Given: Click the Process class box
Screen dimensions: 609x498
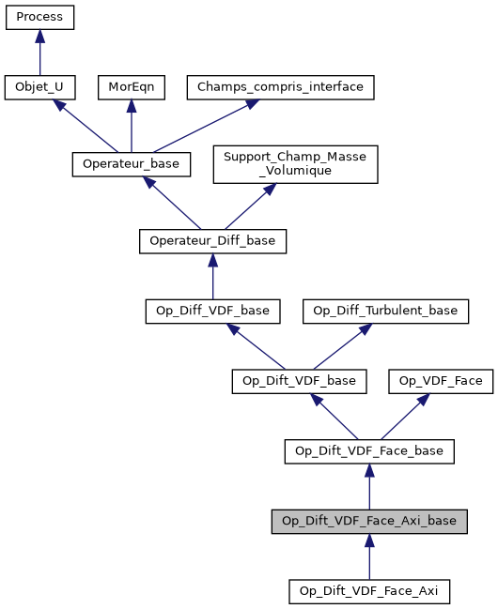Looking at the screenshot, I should (x=39, y=17).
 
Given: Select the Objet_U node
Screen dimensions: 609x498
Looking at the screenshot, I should (x=39, y=87).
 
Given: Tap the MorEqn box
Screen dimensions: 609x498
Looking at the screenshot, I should (x=131, y=87).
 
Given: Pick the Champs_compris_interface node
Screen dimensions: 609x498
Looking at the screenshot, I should (x=281, y=87).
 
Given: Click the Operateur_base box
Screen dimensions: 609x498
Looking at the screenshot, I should (x=132, y=163).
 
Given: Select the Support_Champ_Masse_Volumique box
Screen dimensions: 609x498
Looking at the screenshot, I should (x=296, y=163).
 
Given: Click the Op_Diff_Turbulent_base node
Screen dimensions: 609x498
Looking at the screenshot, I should (x=385, y=311).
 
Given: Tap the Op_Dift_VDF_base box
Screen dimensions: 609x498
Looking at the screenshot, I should (x=299, y=381).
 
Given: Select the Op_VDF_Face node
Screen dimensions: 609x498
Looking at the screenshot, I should (x=441, y=381).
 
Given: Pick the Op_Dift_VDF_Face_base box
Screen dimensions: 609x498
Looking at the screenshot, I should (x=369, y=451).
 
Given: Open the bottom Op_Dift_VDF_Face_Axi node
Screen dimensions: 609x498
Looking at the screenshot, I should (x=369, y=591).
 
